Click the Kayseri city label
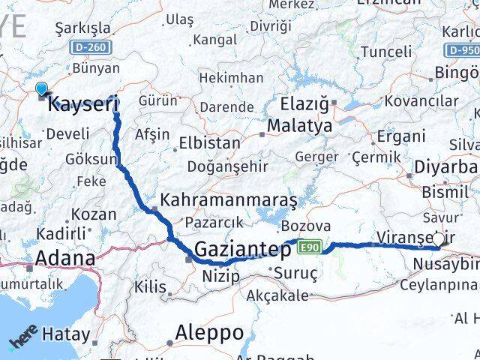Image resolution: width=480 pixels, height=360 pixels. [x=82, y=104]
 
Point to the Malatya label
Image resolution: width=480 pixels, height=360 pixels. [x=299, y=125]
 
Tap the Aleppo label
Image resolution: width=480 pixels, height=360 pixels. [x=209, y=331]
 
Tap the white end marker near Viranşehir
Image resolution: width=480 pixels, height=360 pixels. [x=438, y=238]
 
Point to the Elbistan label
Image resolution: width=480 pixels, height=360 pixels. [x=209, y=142]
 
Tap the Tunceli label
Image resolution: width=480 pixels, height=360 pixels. [x=386, y=52]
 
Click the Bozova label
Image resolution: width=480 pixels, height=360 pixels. [x=306, y=226]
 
